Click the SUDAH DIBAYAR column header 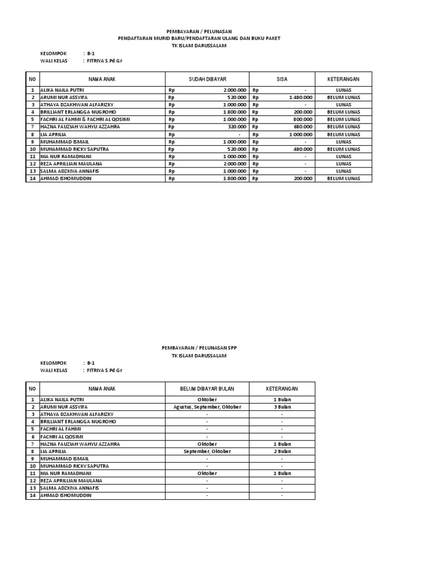point(207,79)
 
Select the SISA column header point(282,79)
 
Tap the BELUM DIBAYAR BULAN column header point(207,389)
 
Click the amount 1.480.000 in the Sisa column point(300,97)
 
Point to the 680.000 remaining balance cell point(303,127)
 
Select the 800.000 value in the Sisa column point(303,119)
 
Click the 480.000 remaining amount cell point(303,149)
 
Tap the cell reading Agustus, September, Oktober point(207,407)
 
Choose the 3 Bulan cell point(281,407)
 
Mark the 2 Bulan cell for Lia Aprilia point(281,451)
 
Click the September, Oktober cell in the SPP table point(207,451)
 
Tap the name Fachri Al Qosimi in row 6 point(62,436)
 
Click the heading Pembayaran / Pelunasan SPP point(199,347)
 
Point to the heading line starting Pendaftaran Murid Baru point(199,38)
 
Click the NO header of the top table point(32,79)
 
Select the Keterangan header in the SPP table point(281,389)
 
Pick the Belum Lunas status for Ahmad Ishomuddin point(343,179)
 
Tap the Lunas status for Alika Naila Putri point(343,90)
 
